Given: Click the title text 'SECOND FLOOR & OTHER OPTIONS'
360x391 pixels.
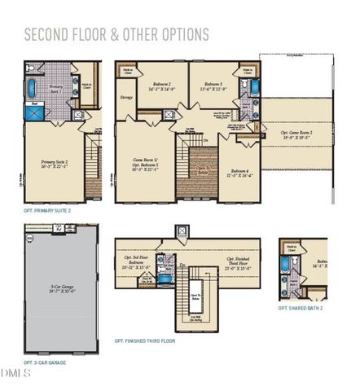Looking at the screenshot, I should pyautogui.click(x=116, y=34).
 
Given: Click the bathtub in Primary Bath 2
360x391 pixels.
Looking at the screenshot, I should pyautogui.click(x=32, y=88).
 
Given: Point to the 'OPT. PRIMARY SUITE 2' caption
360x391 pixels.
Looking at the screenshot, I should pyautogui.click(x=47, y=210).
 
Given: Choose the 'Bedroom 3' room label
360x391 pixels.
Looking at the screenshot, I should pyautogui.click(x=214, y=86).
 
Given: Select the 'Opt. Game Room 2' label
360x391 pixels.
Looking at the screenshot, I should pyautogui.click(x=297, y=135).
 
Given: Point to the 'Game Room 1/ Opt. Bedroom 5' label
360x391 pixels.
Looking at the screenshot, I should pyautogui.click(x=147, y=165).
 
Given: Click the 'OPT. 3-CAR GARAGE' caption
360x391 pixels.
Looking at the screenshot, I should pyautogui.click(x=45, y=362).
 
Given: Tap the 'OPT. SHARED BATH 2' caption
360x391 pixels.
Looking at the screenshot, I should pyautogui.click(x=301, y=308).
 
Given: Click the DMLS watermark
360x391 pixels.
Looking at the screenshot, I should pyautogui.click(x=15, y=374).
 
